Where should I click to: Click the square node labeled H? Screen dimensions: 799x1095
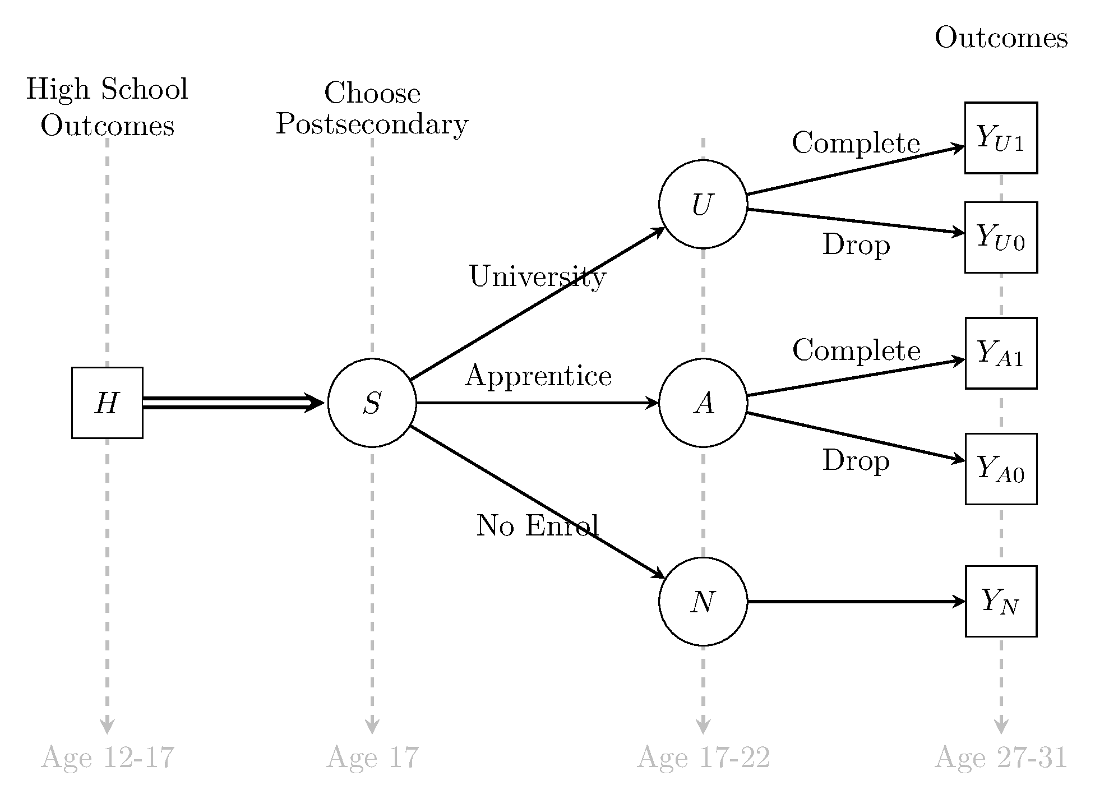(x=107, y=403)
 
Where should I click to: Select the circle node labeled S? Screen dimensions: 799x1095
(x=372, y=403)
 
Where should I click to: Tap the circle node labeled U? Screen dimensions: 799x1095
(x=703, y=204)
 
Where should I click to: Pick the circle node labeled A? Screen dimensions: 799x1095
(x=703, y=403)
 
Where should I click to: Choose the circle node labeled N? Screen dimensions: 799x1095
(x=703, y=601)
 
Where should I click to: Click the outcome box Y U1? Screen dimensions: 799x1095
(x=1001, y=138)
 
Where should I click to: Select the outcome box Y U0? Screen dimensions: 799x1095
(x=1001, y=237)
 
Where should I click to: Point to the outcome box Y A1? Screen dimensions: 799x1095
(x=1001, y=353)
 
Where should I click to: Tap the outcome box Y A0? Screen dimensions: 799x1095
(x=1001, y=469)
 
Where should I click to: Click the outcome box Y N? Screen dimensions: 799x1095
(x=1001, y=601)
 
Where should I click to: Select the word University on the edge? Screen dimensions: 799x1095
(x=537, y=276)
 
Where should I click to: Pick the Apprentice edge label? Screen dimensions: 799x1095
(x=538, y=375)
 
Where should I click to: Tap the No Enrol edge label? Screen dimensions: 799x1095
(x=537, y=526)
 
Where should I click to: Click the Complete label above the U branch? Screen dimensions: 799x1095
(x=856, y=143)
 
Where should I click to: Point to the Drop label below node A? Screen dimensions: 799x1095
(x=856, y=461)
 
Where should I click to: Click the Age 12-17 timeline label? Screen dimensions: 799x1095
(x=108, y=758)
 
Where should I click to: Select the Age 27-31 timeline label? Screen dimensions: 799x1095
(x=1001, y=758)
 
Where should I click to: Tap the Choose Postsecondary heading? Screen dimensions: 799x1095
(x=372, y=108)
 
